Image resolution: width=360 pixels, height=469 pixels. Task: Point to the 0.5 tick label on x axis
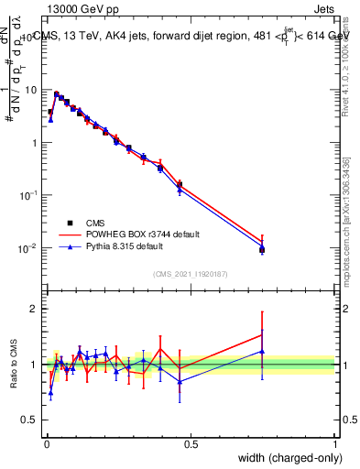tap(191, 444)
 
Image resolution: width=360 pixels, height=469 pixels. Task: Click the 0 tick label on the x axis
tap(47, 444)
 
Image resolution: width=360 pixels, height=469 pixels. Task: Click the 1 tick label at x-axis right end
tap(334, 444)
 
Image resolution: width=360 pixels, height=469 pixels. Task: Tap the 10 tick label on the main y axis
tap(32, 91)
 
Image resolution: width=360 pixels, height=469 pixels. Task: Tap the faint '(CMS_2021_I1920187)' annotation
tap(191, 274)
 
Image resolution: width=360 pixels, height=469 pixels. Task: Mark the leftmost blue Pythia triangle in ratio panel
tap(50, 392)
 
